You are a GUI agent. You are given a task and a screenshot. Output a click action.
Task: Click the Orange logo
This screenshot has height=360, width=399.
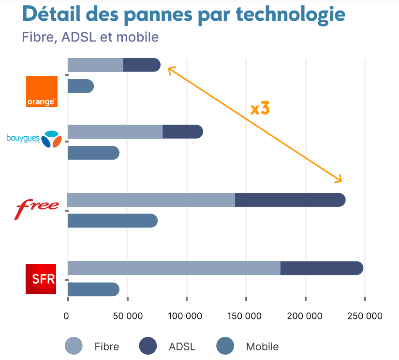coord(42,91)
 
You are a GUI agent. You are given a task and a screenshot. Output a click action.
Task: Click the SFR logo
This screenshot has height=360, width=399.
coord(41,279)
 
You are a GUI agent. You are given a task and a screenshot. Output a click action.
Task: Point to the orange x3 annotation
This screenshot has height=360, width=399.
coord(260,109)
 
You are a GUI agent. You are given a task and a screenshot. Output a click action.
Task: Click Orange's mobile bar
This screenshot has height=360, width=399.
coord(80,86)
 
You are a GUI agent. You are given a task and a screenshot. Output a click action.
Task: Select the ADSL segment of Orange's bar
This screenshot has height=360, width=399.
coord(141,65)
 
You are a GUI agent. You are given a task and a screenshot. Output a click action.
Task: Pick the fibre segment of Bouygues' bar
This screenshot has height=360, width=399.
coord(115,131)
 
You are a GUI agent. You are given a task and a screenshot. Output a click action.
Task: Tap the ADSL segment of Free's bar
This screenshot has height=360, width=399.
coord(289,200)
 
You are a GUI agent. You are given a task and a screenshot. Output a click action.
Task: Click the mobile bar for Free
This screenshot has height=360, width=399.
coord(112,221)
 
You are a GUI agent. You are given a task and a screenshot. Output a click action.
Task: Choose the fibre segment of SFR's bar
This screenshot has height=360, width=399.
coord(174,268)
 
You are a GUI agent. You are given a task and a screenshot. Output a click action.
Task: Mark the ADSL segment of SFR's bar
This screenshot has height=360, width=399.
coord(321,268)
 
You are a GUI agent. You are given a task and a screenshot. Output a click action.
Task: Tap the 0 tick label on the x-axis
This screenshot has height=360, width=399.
coord(67,316)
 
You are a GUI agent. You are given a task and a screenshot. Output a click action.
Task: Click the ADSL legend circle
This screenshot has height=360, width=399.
coord(148,346)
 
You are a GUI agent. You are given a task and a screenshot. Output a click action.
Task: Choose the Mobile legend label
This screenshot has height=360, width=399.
coord(262,346)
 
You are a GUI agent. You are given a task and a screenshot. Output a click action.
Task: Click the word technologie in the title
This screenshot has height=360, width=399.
coord(290,14)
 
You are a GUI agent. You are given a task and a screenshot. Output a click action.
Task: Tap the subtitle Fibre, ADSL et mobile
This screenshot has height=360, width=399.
coord(90,37)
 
